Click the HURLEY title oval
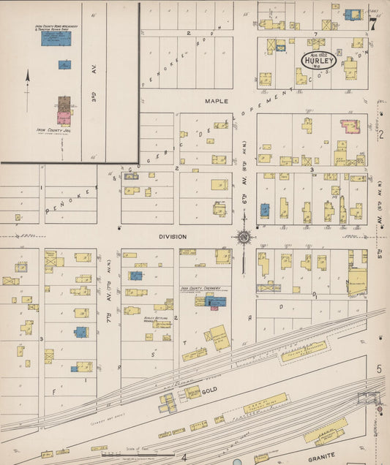point(319,60)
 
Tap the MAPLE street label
point(217,101)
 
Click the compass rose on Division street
point(243,236)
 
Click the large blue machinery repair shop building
point(56,38)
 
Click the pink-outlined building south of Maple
point(349,126)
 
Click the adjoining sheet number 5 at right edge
point(379,368)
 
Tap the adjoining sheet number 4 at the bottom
point(184,458)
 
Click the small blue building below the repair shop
point(65,64)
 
